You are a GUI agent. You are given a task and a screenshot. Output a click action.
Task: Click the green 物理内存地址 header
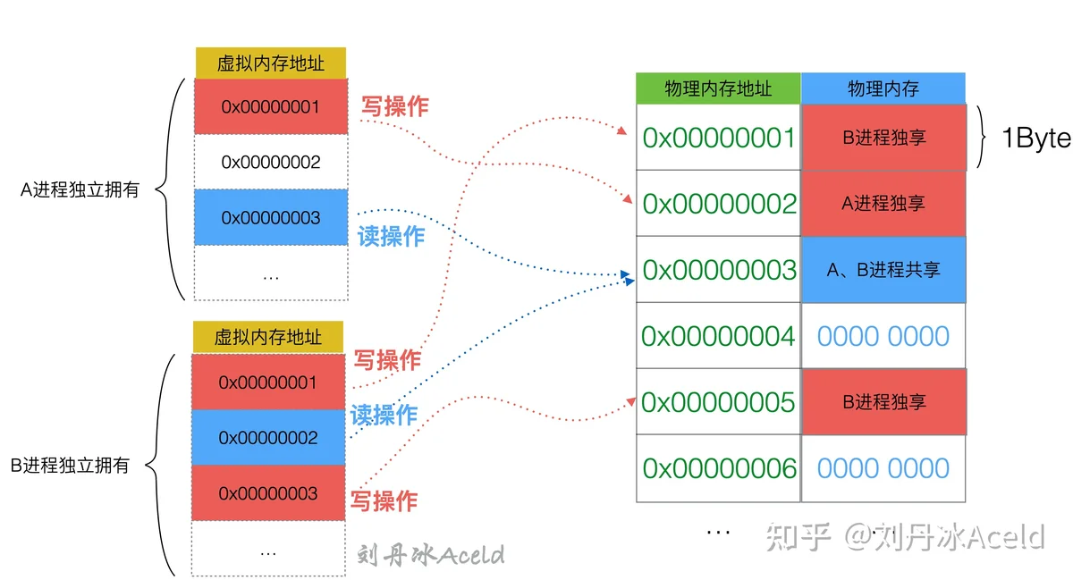[x=717, y=88]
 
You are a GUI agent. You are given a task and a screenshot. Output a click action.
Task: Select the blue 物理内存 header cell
[x=883, y=88]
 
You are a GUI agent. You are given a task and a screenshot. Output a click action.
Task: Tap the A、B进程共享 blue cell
[x=883, y=270]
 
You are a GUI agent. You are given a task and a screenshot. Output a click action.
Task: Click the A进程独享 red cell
[x=883, y=204]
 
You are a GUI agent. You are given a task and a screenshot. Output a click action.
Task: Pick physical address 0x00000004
[x=717, y=336]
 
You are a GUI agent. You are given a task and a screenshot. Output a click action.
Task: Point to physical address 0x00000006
[x=719, y=468]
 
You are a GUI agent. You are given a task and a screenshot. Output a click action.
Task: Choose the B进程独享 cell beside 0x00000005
[x=883, y=402]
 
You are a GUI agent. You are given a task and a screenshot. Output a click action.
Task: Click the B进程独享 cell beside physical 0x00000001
[x=883, y=138]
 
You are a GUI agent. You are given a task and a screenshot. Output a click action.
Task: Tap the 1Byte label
[x=1036, y=139]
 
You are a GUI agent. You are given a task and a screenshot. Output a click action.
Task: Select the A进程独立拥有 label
[x=80, y=189]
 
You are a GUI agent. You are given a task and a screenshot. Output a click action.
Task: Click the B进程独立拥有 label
[x=70, y=465]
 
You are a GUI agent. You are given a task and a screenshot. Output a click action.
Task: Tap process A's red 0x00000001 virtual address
[x=271, y=106]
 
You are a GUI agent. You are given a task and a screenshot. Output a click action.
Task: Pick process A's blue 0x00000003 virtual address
[x=271, y=217]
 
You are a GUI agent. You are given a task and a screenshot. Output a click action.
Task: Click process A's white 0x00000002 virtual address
[x=271, y=162]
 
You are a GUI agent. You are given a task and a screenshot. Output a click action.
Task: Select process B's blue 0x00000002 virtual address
[x=268, y=437]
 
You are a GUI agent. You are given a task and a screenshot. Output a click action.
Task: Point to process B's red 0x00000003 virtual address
[x=268, y=492]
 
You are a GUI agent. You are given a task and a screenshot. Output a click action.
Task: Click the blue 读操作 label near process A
[x=392, y=236]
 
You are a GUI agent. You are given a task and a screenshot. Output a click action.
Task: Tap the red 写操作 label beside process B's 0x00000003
[x=384, y=501]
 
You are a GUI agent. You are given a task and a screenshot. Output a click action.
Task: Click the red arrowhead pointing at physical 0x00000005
[x=631, y=402]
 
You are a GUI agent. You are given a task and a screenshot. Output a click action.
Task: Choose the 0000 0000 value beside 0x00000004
[x=883, y=336]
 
